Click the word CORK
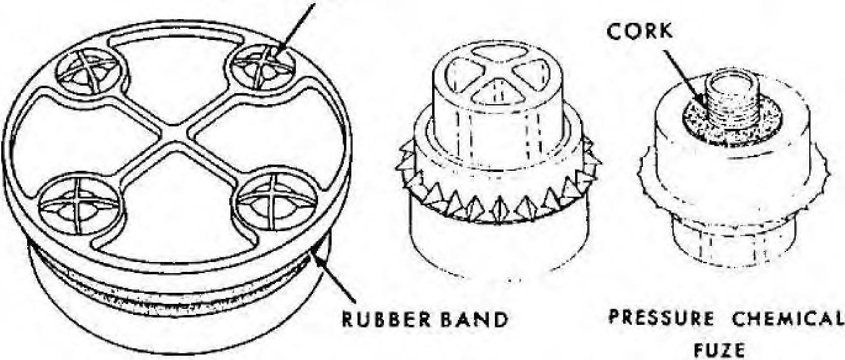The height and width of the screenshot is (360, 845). tap(639, 31)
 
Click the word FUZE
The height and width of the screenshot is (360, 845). tap(719, 351)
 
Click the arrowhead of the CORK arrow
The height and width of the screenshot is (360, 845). tap(701, 101)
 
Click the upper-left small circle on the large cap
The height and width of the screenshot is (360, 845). tap(92, 72)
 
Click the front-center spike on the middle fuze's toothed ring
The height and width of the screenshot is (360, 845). tap(499, 210)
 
